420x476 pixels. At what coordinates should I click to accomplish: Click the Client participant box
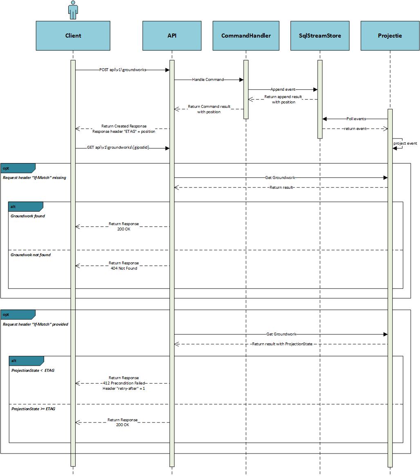(73, 36)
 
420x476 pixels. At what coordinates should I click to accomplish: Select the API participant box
(172, 36)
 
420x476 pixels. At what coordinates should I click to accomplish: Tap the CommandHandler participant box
(246, 36)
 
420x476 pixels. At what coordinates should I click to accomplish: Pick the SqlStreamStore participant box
(320, 36)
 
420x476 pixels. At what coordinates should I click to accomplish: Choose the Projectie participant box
(390, 36)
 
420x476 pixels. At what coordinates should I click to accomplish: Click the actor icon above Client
(73, 10)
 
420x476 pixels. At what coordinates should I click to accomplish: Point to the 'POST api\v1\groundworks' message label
(123, 70)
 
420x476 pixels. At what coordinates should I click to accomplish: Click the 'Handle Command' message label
(208, 80)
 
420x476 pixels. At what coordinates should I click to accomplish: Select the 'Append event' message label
(283, 89)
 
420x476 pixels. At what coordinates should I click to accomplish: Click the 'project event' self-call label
(405, 143)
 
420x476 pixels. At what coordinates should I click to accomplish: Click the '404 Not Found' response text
(124, 268)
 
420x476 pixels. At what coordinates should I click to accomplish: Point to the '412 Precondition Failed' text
(124, 383)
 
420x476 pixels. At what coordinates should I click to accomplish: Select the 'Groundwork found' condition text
(28, 216)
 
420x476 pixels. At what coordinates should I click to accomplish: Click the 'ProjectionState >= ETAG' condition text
(33, 409)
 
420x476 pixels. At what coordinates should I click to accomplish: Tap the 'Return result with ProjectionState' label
(282, 344)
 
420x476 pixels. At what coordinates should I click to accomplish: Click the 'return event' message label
(355, 129)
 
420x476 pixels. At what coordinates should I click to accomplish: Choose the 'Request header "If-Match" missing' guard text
(34, 178)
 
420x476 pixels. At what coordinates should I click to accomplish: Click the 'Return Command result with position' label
(209, 109)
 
